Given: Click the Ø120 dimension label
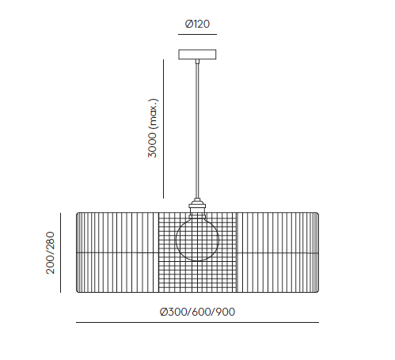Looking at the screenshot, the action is pyautogui.click(x=197, y=24).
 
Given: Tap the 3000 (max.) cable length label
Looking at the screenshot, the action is pyautogui.click(x=153, y=128).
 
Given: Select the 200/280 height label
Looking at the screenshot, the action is pyautogui.click(x=50, y=253).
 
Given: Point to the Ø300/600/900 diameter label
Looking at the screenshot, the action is pyautogui.click(x=197, y=312).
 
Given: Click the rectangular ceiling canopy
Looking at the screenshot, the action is pyautogui.click(x=197, y=55).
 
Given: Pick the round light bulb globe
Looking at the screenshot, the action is pyautogui.click(x=197, y=240).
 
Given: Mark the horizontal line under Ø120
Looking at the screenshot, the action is pyautogui.click(x=197, y=34).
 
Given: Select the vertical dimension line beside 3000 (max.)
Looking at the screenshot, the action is pyautogui.click(x=163, y=129).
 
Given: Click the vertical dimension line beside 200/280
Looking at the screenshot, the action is pyautogui.click(x=60, y=252).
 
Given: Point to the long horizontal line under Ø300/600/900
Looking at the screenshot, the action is pyautogui.click(x=197, y=322).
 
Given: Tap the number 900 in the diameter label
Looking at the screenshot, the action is pyautogui.click(x=226, y=312).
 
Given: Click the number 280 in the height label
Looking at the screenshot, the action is pyautogui.click(x=50, y=241).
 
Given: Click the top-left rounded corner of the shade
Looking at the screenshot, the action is pyautogui.click(x=77, y=214).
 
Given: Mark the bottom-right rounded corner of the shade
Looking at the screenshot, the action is pyautogui.click(x=317, y=291).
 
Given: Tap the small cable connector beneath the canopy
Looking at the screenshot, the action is pyautogui.click(x=197, y=62).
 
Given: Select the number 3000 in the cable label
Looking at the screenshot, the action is pyautogui.click(x=152, y=145).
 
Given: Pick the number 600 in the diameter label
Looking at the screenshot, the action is pyautogui.click(x=201, y=312).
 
